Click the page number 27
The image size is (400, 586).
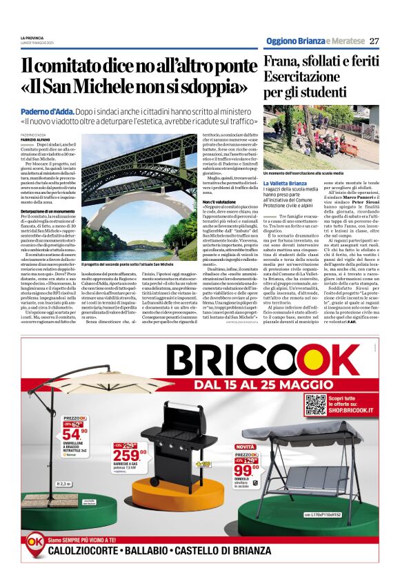pos(374,41)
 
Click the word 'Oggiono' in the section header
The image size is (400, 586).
pos(281,41)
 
